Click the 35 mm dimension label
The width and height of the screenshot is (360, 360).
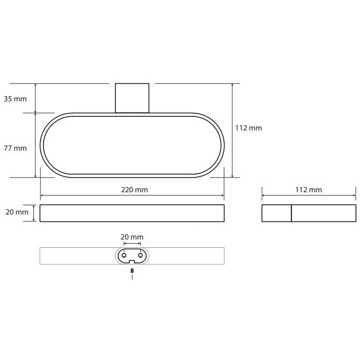(15, 99)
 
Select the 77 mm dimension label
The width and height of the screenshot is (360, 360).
(15, 148)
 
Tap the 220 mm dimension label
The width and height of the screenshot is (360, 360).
(135, 190)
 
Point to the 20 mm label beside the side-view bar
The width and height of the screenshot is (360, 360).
(17, 212)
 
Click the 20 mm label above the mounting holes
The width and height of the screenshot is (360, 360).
(132, 237)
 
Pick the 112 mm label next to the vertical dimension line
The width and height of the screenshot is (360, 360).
(248, 128)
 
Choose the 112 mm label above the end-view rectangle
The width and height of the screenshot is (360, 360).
(309, 190)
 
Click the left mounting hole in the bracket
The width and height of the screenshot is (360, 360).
(124, 255)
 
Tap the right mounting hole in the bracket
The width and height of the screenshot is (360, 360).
(140, 255)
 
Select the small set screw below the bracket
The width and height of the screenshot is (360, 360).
(132, 271)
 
